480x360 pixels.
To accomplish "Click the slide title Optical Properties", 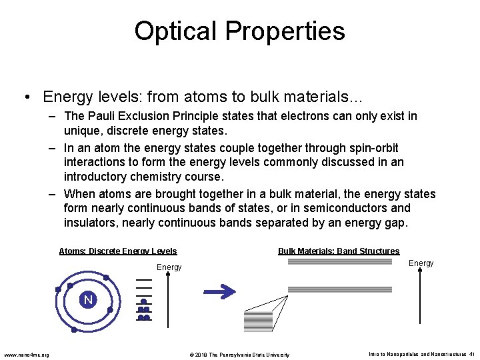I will tap(239, 31).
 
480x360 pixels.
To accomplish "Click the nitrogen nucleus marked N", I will tap(88, 300).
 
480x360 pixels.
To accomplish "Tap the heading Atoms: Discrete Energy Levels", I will tap(118, 251).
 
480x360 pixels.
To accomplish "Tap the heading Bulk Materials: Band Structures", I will tap(339, 251).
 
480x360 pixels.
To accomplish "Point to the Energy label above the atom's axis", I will tap(169, 267).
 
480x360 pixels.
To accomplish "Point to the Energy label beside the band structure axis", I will tap(421, 263).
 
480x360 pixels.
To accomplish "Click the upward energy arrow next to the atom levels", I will tap(168, 300).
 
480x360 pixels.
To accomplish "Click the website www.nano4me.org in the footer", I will tap(26, 354).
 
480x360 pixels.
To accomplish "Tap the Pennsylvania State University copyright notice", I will tap(239, 355).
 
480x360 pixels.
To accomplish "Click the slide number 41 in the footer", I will tap(471, 354).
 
